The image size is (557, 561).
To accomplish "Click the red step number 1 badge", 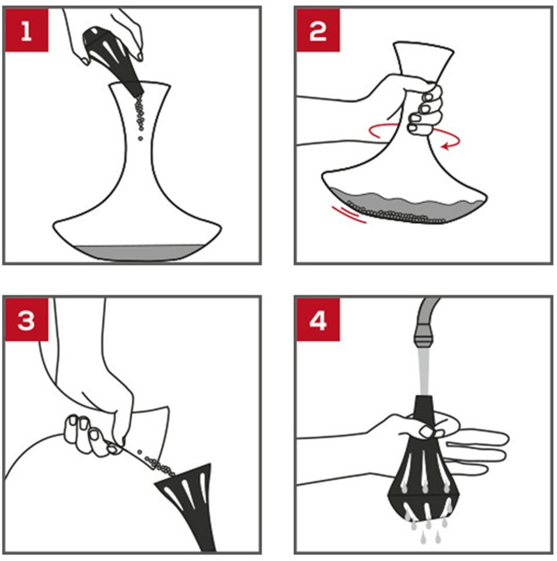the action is tap(26, 30).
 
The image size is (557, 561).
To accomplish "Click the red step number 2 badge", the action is tap(318, 30).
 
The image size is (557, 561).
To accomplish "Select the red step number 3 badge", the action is tap(26, 320).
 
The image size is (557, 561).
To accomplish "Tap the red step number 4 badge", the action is tap(318, 320).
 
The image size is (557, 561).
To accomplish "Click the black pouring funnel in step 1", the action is tap(113, 59).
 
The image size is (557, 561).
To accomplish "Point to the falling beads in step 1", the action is tap(139, 116).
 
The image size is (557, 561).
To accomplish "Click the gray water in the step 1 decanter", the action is tap(138, 252).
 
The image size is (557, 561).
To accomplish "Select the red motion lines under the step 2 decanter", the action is tap(349, 214).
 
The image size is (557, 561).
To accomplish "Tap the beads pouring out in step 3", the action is tap(157, 463).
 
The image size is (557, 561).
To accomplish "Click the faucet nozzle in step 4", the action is tap(425, 336).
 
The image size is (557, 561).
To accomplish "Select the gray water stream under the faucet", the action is tap(424, 372).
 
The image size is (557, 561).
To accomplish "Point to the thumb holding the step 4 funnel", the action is tap(429, 431).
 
